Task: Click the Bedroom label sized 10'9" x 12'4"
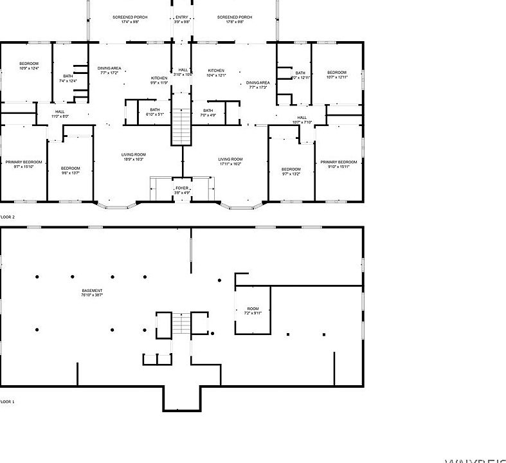[x=28, y=66]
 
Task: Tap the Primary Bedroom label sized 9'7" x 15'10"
[x=24, y=163]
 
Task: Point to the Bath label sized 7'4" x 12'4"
[x=68, y=78]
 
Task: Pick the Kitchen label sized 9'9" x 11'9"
[x=159, y=80]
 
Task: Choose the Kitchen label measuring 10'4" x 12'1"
[x=216, y=73]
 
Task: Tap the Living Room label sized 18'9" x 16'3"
[x=134, y=156]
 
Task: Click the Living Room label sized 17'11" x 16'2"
[x=230, y=161]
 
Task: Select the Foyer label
[x=182, y=190]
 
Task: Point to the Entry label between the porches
[x=182, y=19]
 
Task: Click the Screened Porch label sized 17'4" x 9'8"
[x=126, y=19]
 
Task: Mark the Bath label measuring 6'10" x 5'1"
[x=155, y=111]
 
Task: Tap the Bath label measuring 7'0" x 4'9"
[x=208, y=113]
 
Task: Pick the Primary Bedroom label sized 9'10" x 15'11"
[x=338, y=164]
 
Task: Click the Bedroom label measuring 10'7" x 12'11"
[x=337, y=75]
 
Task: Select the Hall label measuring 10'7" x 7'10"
[x=302, y=120]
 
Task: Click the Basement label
[x=92, y=293]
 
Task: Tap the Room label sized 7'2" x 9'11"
[x=252, y=311]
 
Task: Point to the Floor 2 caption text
[x=6, y=217]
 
